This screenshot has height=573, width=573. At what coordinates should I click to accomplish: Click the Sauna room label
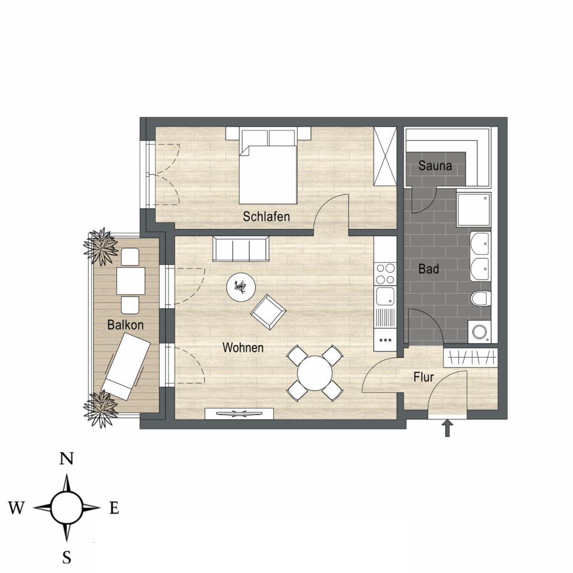pyautogui.click(x=435, y=166)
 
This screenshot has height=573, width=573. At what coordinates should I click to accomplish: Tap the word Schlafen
pyautogui.click(x=266, y=217)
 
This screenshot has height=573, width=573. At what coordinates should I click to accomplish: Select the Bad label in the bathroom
pyautogui.click(x=429, y=269)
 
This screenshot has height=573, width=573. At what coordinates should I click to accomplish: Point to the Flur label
pyautogui.click(x=424, y=377)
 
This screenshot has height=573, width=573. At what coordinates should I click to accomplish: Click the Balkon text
pyautogui.click(x=125, y=325)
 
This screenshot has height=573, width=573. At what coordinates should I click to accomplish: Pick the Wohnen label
pyautogui.click(x=243, y=347)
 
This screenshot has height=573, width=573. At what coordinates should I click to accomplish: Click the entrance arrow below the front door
pyautogui.click(x=448, y=428)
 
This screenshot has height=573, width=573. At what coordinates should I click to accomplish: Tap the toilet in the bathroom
pyautogui.click(x=481, y=298)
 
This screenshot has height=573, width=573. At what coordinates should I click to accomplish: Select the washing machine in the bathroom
pyautogui.click(x=480, y=332)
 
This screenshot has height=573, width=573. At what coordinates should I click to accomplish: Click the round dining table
pyautogui.click(x=314, y=373)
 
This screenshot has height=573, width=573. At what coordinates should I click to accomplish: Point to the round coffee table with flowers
pyautogui.click(x=241, y=288)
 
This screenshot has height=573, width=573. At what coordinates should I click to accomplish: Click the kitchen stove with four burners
pyautogui.click(x=385, y=274)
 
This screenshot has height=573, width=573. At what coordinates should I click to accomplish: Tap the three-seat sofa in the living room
pyautogui.click(x=241, y=249)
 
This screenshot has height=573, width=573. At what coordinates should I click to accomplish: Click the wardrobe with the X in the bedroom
pyautogui.click(x=385, y=156)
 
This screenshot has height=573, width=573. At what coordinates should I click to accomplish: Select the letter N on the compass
pyautogui.click(x=67, y=458)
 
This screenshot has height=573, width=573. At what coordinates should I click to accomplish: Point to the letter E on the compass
pyautogui.click(x=114, y=508)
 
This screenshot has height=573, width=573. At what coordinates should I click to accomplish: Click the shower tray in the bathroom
pyautogui.click(x=473, y=209)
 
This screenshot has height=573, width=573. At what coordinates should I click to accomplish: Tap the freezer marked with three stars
pyautogui.click(x=385, y=340)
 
